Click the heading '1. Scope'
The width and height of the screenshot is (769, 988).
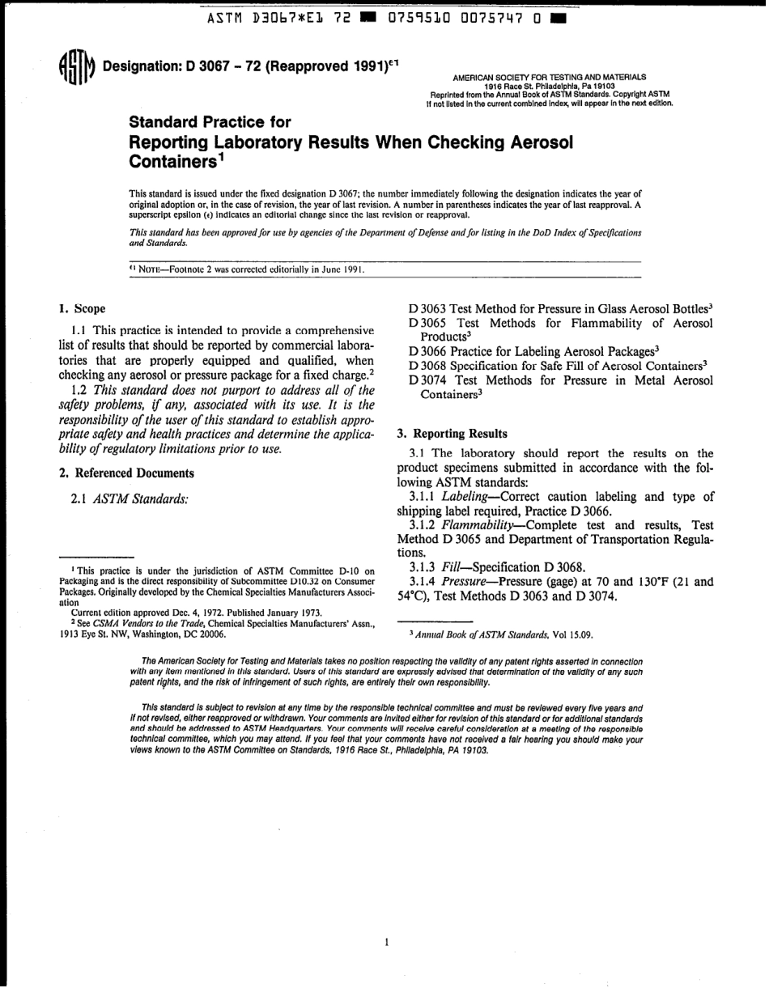click(82, 308)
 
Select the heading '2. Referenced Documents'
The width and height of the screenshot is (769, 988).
click(125, 473)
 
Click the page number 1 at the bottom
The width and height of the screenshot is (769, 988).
click(387, 942)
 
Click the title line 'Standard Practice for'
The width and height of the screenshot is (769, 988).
click(210, 122)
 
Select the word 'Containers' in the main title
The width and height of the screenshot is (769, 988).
click(172, 160)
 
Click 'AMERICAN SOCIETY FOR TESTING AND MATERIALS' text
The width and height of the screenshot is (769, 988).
click(549, 78)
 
